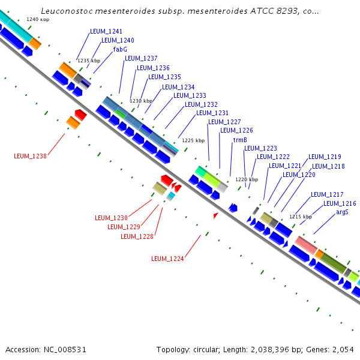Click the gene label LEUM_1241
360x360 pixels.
coord(106,31)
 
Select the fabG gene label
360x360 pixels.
coord(120,49)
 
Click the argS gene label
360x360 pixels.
coord(342,212)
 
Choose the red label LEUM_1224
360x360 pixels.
coord(167,259)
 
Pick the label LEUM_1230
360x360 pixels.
coord(111,217)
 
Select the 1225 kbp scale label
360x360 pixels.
coord(193,140)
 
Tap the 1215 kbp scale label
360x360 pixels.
coord(301,217)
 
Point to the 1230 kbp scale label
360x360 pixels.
coord(141,101)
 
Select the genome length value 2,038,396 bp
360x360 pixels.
coord(282,349)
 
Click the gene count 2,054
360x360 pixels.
coord(343,349)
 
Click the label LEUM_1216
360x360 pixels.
coord(340,203)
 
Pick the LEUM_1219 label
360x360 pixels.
coord(325,157)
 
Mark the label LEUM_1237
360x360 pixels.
coord(141,58)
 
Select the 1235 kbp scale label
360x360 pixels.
coord(88,61)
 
